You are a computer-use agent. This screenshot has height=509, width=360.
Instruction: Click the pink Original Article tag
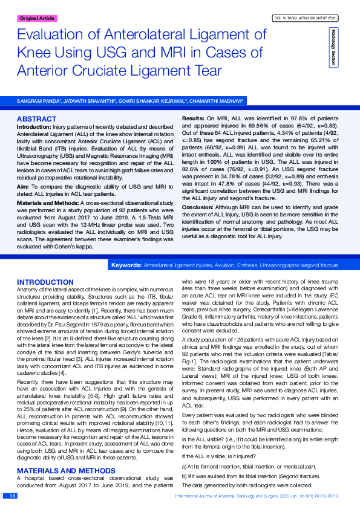click(x=37, y=19)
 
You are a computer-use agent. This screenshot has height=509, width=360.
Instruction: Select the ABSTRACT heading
click(x=37, y=118)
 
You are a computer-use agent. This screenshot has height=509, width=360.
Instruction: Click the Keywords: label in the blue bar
click(x=126, y=265)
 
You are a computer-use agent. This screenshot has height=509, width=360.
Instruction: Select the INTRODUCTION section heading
click(x=45, y=282)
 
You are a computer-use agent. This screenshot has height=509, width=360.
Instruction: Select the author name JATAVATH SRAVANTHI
click(x=92, y=100)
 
